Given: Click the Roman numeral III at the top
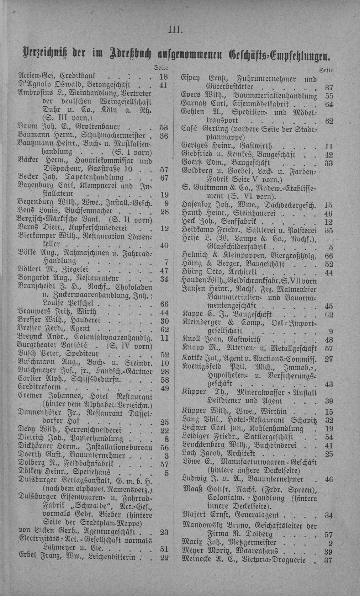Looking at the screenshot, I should coord(175,28).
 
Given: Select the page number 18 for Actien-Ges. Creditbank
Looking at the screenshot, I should coord(164,76).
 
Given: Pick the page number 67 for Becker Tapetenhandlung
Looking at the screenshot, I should coord(164,177).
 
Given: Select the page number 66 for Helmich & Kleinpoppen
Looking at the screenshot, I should coord(328,255).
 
